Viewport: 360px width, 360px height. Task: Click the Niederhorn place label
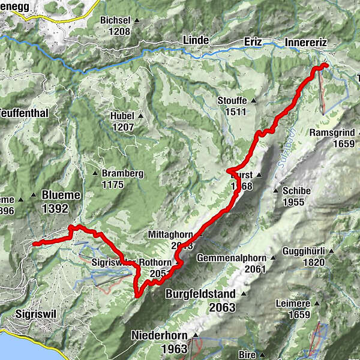[x=159, y=335]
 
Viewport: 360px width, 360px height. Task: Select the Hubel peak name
[x=124, y=116]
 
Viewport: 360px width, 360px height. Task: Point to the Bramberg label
[x=122, y=173]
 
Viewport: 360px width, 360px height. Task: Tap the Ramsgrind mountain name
[x=332, y=133]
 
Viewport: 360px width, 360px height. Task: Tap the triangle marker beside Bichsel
[x=137, y=20]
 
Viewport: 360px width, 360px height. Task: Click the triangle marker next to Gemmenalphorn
[x=272, y=259]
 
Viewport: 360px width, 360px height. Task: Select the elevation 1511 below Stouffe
[x=234, y=112]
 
